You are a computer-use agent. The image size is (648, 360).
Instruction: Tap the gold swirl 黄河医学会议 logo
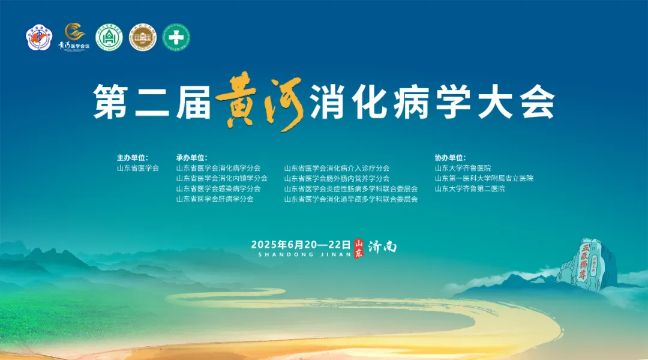pyautogui.click(x=74, y=38)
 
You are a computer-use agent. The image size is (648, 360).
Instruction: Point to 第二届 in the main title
pyautogui.click(x=152, y=103)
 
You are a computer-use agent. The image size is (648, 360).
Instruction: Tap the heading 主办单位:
pyautogui.click(x=133, y=158)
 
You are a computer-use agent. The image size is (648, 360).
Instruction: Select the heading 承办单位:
pyautogui.click(x=192, y=158)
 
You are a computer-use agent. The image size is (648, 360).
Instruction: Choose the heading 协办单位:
pyautogui.click(x=451, y=158)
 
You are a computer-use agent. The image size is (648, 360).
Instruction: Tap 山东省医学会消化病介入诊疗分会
pyautogui.click(x=337, y=169)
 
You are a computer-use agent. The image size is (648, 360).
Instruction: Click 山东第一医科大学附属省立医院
pyautogui.click(x=484, y=179)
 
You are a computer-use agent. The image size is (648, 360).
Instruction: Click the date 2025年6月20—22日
pyautogui.click(x=301, y=244)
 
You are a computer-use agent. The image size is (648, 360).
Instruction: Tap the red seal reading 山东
pyautogui.click(x=359, y=247)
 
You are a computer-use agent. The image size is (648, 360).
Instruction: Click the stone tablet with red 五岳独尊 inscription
pyautogui.click(x=585, y=262)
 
